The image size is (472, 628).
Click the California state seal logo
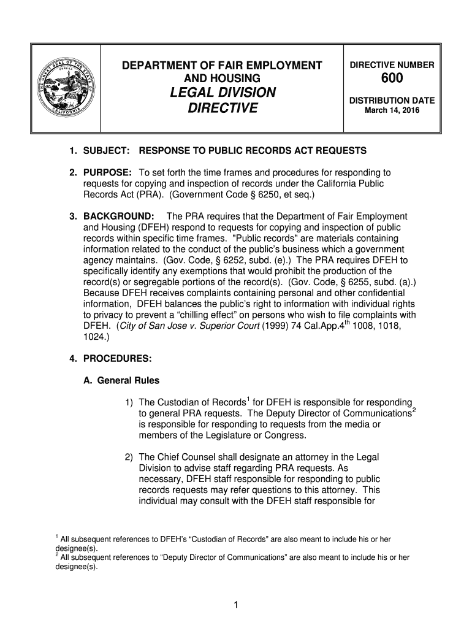[65, 89]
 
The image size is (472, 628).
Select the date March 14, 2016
[391, 111]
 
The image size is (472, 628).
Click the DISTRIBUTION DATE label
[392, 101]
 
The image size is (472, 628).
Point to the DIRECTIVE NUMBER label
[392, 65]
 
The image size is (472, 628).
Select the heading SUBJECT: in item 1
[106, 151]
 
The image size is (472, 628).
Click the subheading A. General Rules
[121, 381]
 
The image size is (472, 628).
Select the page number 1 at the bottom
[235, 606]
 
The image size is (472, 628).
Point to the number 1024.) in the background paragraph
[97, 337]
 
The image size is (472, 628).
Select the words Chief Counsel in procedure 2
[188, 457]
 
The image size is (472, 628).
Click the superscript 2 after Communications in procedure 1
[414, 409]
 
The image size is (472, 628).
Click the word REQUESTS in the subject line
[341, 151]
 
